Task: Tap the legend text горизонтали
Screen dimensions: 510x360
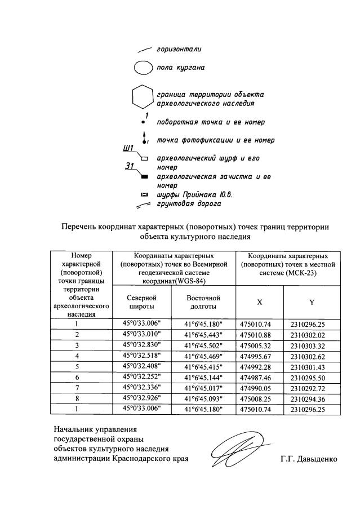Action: (179, 49)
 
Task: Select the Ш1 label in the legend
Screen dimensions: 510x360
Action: (128, 149)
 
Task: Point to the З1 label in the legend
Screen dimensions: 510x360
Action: (130, 167)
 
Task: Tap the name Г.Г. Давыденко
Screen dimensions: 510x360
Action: (308, 459)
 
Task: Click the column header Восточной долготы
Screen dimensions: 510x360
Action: (203, 301)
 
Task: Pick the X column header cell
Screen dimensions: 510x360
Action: (259, 302)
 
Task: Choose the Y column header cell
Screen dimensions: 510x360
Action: (312, 302)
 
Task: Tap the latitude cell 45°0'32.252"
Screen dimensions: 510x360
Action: (142, 377)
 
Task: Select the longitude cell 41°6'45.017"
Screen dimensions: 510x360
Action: (203, 388)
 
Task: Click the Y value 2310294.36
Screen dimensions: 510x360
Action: (312, 398)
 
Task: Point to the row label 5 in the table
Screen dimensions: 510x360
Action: (76, 366)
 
